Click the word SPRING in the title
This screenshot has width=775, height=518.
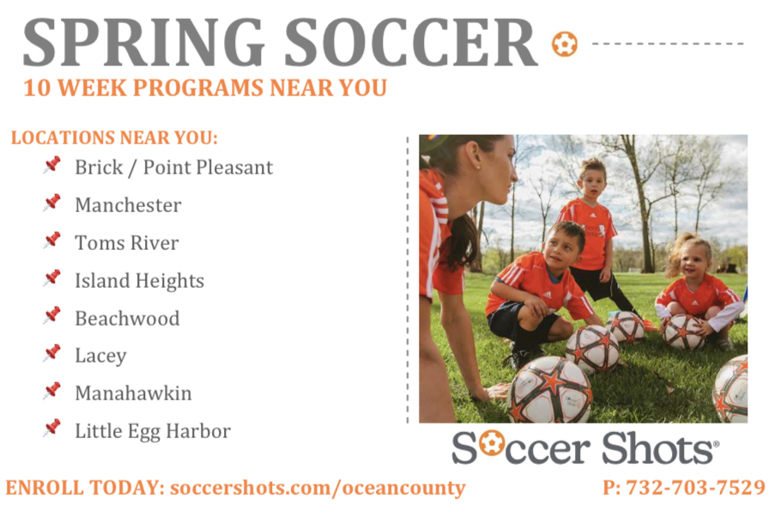pyautogui.click(x=143, y=43)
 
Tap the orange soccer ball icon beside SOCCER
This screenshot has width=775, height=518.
pyautogui.click(x=565, y=44)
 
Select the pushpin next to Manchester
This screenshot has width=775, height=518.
pyautogui.click(x=51, y=203)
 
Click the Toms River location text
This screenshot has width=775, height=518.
pyautogui.click(x=126, y=243)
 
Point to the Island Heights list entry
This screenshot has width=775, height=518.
pyautogui.click(x=139, y=282)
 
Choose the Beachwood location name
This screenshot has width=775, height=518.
pyautogui.click(x=127, y=318)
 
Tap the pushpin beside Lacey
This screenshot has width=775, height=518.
pyautogui.click(x=51, y=353)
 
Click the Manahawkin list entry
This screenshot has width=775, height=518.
pyautogui.click(x=133, y=393)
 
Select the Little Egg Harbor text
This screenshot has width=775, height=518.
pyautogui.click(x=153, y=431)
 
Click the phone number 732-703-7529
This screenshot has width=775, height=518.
pyautogui.click(x=696, y=488)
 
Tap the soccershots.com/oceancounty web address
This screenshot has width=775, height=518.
pyautogui.click(x=318, y=488)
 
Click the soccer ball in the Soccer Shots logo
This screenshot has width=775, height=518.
pyautogui.click(x=491, y=442)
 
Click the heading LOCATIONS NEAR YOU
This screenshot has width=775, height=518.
pyautogui.click(x=114, y=137)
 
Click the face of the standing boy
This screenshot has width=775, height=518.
pyautogui.click(x=592, y=185)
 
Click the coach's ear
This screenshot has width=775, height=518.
pyautogui.click(x=473, y=155)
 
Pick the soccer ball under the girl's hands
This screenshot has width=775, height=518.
pyautogui.click(x=682, y=332)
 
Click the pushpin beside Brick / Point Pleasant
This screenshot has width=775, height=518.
pyautogui.click(x=51, y=165)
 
